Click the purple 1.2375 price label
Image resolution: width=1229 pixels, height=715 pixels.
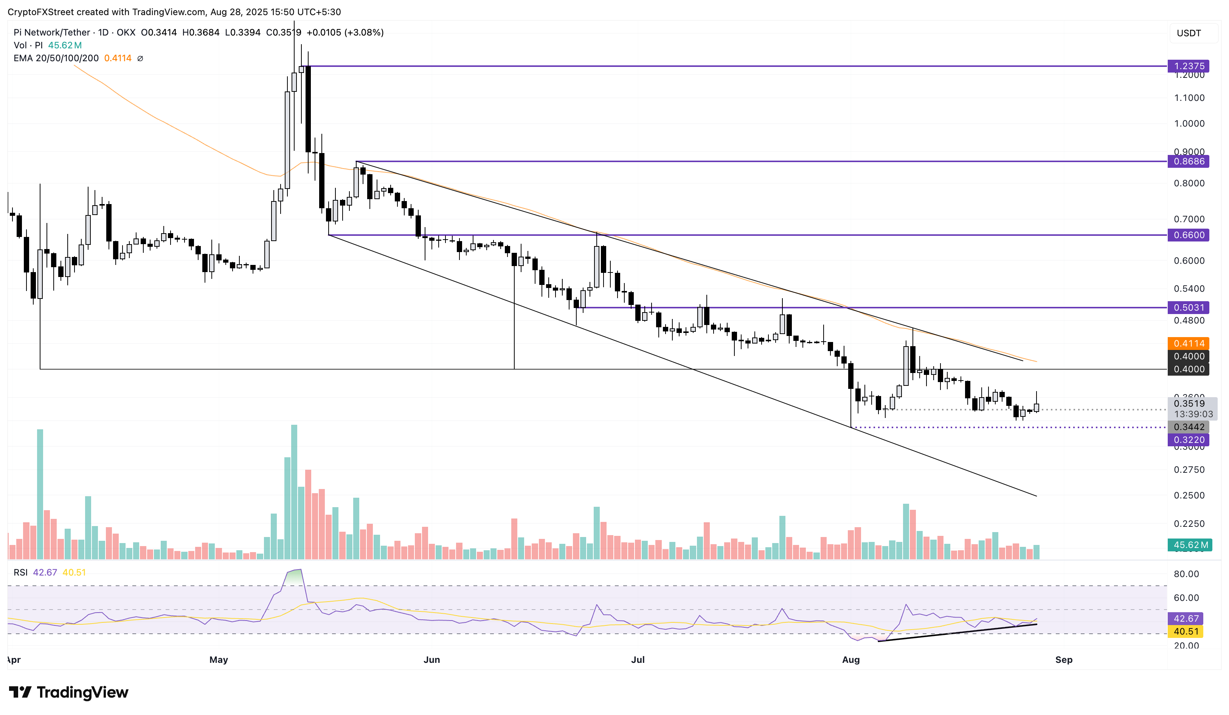(x=1188, y=66)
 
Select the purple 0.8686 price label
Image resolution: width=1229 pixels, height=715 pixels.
(x=1188, y=161)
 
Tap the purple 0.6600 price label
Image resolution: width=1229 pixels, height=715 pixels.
(x=1188, y=235)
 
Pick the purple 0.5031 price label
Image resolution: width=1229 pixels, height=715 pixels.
(x=1188, y=308)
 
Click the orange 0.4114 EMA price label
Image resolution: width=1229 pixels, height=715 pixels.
(x=1188, y=343)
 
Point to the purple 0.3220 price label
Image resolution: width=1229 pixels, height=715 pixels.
(x=1188, y=440)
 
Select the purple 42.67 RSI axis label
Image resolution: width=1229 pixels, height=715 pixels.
(x=1186, y=619)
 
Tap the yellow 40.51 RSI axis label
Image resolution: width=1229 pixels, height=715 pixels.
(x=1186, y=631)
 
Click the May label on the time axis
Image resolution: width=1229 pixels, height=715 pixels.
(x=219, y=659)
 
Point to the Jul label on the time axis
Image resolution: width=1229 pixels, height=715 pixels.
(x=638, y=659)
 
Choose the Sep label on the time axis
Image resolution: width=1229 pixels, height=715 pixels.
(x=1064, y=659)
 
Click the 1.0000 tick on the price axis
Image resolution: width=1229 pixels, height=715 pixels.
(x=1189, y=123)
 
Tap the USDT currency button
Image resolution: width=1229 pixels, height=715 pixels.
(x=1189, y=33)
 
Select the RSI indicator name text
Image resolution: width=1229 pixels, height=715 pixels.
(x=20, y=572)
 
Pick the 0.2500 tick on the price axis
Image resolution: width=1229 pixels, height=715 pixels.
(x=1189, y=495)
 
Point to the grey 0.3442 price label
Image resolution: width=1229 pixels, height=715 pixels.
(x=1188, y=427)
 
